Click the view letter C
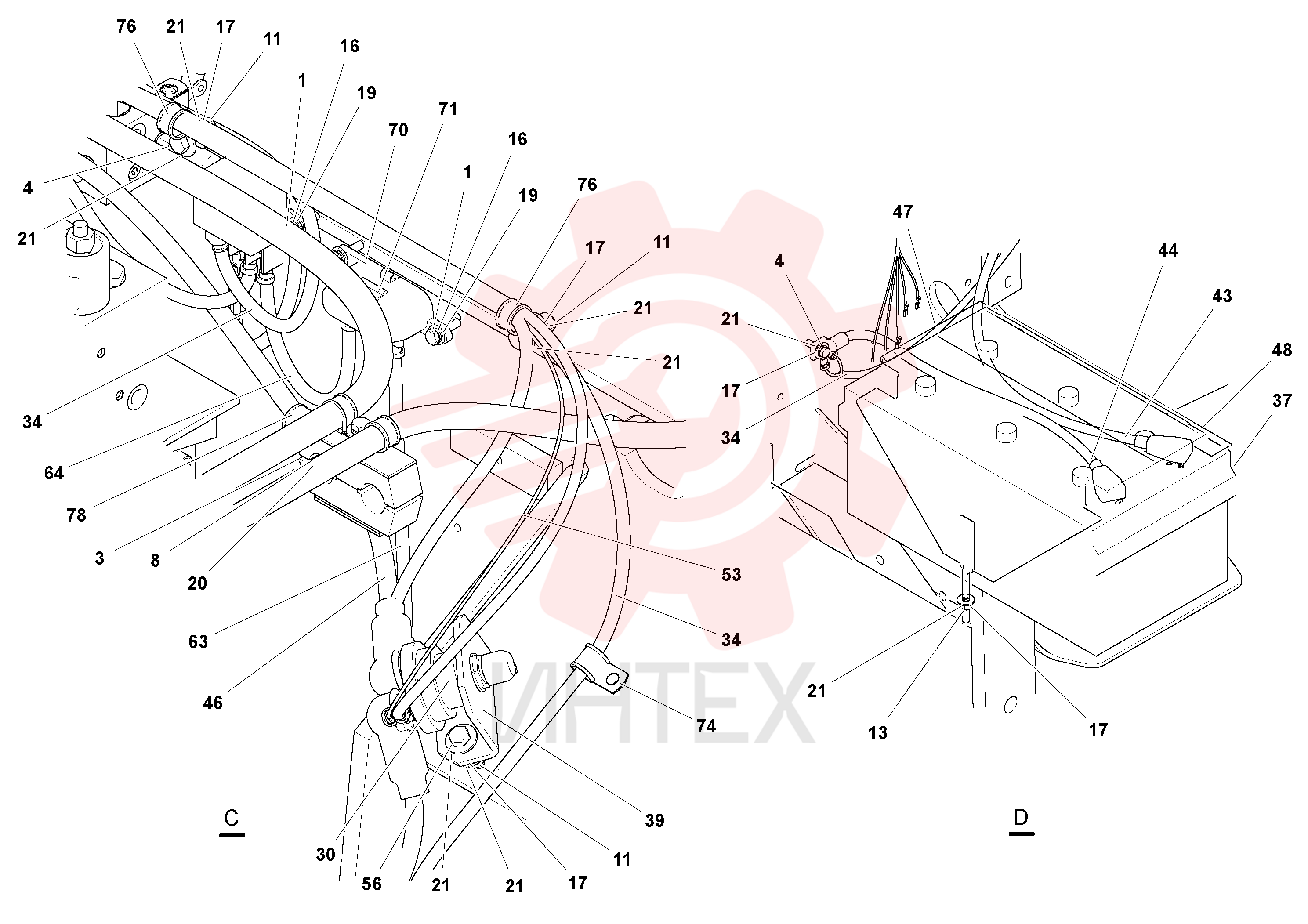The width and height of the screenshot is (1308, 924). pos(231,818)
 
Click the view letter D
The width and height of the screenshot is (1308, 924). pos(1021,818)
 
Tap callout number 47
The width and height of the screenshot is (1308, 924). pos(902,212)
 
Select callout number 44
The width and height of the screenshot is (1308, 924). pos(1168,250)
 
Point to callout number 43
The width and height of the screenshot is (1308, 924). pos(1222,296)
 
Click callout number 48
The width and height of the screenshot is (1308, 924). pos(1282,350)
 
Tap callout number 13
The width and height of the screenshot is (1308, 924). pos(878,732)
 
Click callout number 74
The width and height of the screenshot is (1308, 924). pos(706,726)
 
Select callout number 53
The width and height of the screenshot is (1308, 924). pos(731,574)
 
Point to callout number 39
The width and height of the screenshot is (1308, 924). pos(655,820)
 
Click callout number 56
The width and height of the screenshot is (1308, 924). pos(371,884)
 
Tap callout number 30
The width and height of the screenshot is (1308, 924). pos(325,855)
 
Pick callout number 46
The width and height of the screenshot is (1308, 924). pos(213,703)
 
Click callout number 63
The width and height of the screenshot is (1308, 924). pos(198,641)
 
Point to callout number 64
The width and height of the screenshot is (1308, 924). pos(54,473)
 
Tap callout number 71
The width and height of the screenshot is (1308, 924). pos(448,109)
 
